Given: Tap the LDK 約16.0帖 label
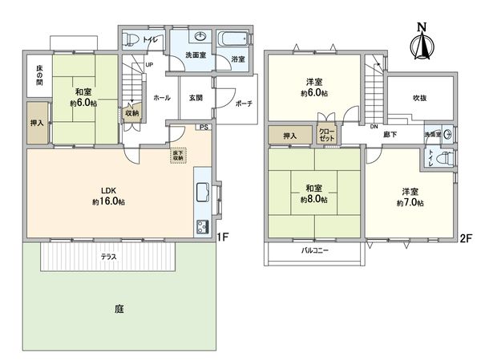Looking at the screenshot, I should click(112, 195).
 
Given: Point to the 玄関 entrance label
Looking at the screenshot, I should click(196, 97).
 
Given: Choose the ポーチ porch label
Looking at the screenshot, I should click(244, 103).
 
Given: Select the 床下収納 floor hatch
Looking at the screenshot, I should click(177, 154).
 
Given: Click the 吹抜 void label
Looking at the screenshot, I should click(420, 98).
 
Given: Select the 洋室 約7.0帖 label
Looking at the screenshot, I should click(410, 197).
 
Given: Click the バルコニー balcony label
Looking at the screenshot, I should click(315, 251).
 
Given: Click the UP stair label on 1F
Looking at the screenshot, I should click(149, 66).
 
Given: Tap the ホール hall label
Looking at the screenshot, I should click(161, 97).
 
